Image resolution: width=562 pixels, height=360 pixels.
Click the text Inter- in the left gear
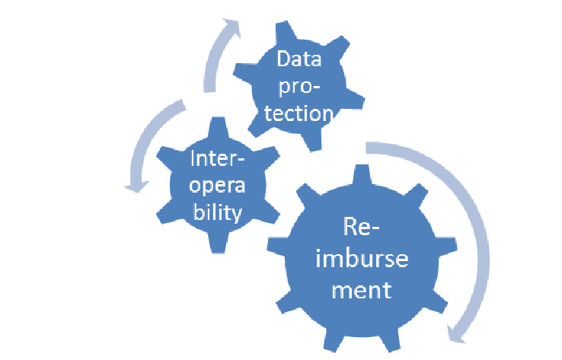pyautogui.click(x=214, y=159)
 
